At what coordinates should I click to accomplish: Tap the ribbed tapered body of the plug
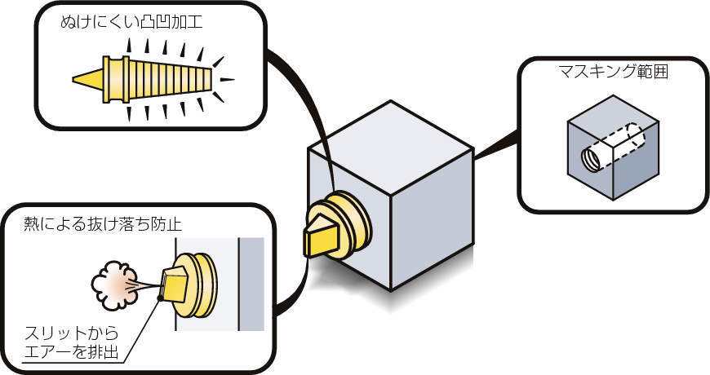click(171, 79)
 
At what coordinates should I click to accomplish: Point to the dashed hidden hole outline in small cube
click(624, 138)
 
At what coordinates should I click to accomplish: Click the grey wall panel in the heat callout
click(250, 285)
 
